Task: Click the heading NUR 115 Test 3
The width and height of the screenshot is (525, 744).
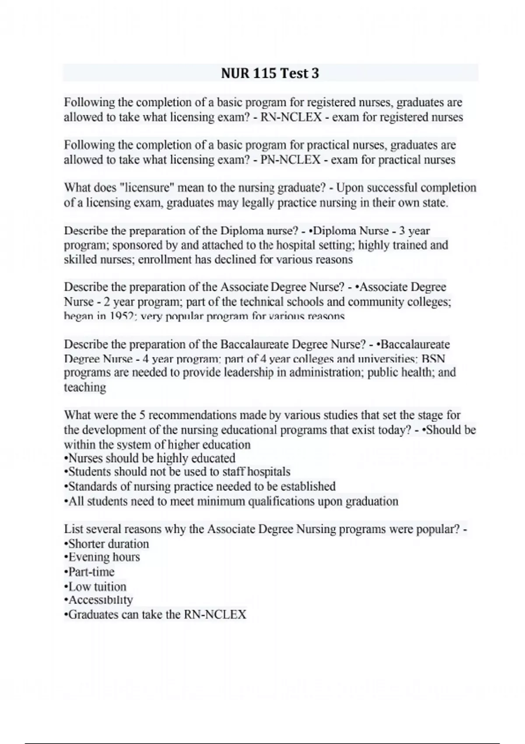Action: pos(270,73)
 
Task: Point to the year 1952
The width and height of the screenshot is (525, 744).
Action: pos(122,316)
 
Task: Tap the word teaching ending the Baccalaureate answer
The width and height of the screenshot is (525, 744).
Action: pos(85,387)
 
